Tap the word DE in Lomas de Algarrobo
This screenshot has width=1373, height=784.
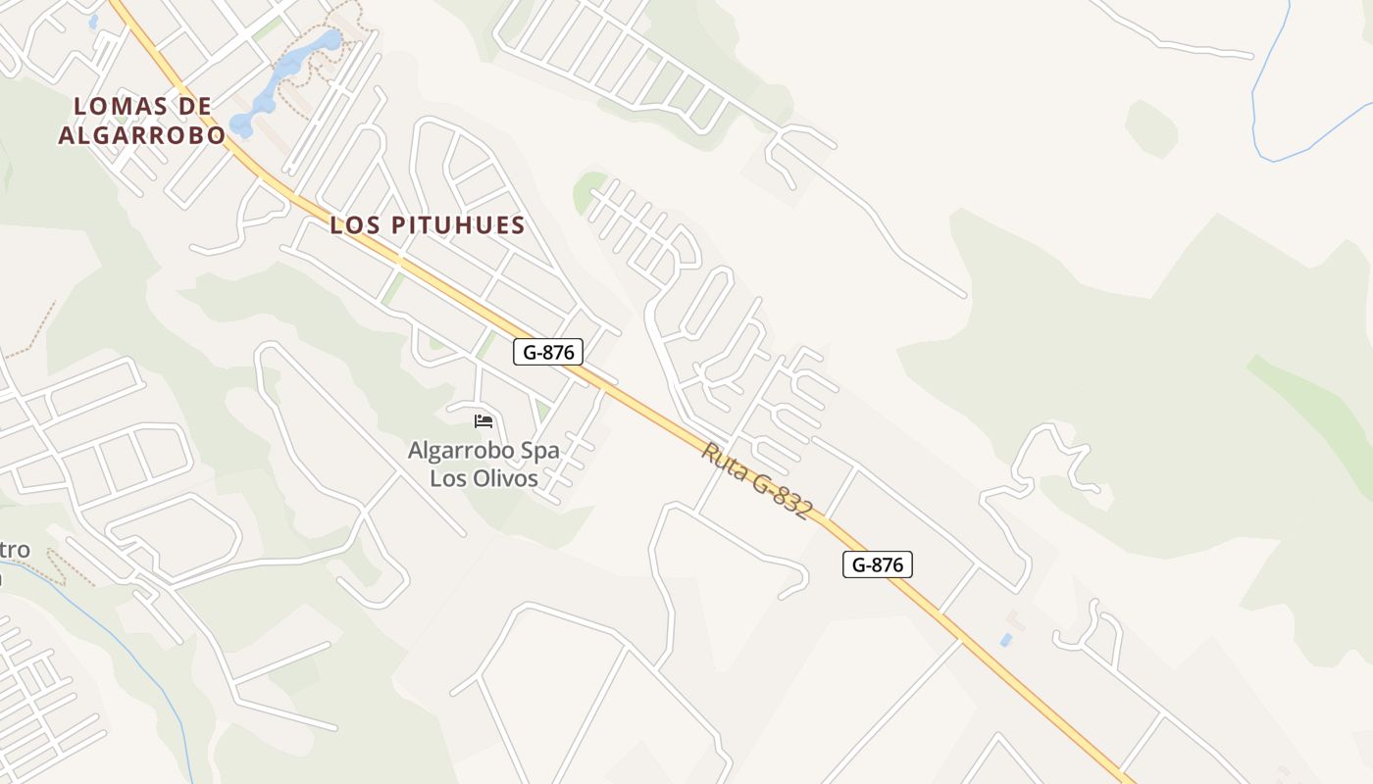click(x=195, y=106)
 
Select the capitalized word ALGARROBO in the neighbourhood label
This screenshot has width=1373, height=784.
click(x=141, y=135)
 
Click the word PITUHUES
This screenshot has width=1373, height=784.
click(x=459, y=225)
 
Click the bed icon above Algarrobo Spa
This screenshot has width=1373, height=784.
click(x=483, y=421)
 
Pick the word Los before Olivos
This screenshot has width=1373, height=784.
click(x=447, y=478)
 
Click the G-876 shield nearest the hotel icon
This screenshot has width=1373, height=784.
click(x=548, y=352)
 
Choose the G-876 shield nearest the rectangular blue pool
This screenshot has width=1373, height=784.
click(x=878, y=564)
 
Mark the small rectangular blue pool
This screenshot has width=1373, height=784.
click(x=1006, y=640)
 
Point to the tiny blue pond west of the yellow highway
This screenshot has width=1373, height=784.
click(x=94, y=20)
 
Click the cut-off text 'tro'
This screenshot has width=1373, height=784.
click(x=14, y=550)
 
